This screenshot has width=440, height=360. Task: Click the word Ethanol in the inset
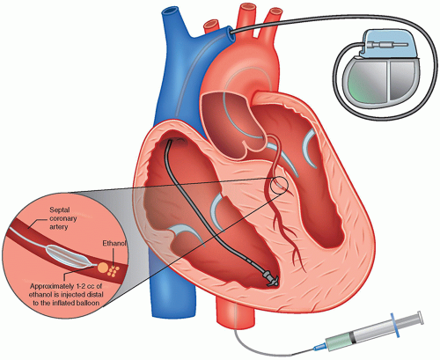[x=114, y=243]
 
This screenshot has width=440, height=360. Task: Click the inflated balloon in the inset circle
[x=70, y=256]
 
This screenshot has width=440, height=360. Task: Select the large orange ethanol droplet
[x=102, y=268]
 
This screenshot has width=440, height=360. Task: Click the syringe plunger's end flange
[x=421, y=318]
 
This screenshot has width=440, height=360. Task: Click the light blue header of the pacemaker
[x=388, y=43]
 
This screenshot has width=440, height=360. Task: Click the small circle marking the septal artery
[x=279, y=186]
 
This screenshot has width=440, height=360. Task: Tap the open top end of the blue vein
[x=169, y=11]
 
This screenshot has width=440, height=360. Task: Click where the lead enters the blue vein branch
[x=231, y=33]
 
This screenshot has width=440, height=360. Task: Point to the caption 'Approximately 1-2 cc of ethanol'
[x=67, y=290]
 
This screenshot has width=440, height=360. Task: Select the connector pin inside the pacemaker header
[x=386, y=45]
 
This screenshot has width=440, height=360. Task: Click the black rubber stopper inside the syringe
[x=354, y=337]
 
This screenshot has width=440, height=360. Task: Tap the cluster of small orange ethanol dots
[x=114, y=271]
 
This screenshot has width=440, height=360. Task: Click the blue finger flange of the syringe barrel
[x=394, y=325]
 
